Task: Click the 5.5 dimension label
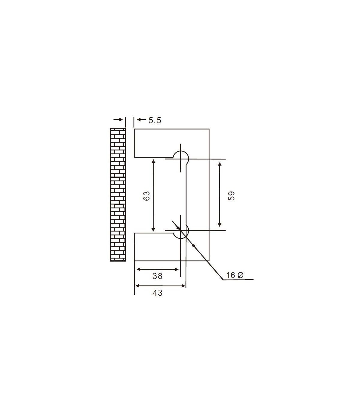[x=155, y=120]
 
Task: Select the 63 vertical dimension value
[x=146, y=196]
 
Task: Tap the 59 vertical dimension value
[x=231, y=196]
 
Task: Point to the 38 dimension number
[x=157, y=276]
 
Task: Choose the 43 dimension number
[x=157, y=292]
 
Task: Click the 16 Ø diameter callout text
[x=235, y=275]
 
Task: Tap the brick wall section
[x=118, y=195]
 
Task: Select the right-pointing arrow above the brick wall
[x=119, y=120]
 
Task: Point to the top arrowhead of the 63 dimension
[x=154, y=161]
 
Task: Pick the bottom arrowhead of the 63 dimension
[x=154, y=230]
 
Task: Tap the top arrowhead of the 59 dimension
[x=220, y=164]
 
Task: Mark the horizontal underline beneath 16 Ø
[x=238, y=280]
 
